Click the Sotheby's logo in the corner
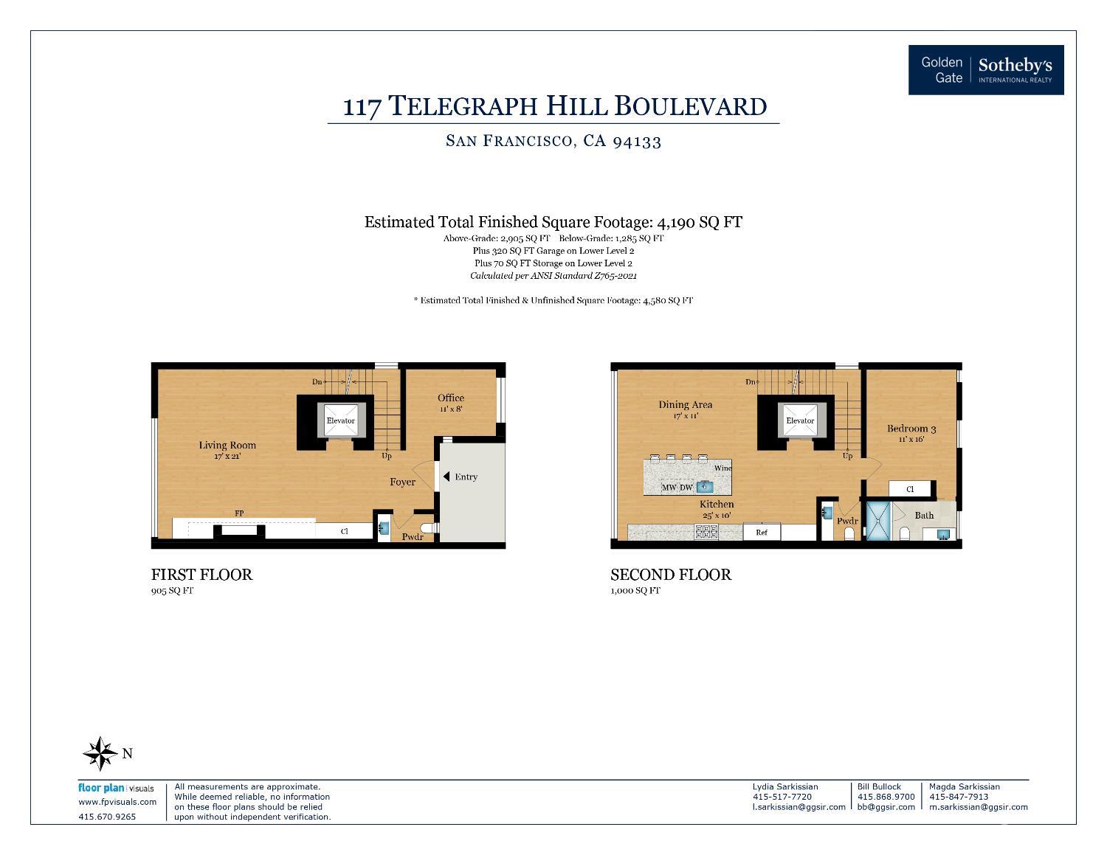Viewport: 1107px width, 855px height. click(986, 70)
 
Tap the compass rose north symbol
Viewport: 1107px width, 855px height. click(100, 753)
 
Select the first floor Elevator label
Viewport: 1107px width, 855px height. click(340, 420)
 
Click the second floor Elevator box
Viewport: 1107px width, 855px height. click(800, 420)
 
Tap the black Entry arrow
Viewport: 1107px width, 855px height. click(446, 477)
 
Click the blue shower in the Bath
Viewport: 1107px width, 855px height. click(878, 521)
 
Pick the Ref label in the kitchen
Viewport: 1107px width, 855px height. click(761, 532)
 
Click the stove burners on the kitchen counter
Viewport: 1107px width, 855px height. click(706, 532)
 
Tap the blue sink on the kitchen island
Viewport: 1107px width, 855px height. click(704, 487)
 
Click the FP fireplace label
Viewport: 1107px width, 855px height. click(239, 513)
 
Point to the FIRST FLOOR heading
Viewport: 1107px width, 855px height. click(201, 575)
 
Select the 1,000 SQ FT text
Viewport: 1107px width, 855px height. click(635, 591)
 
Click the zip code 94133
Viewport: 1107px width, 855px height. click(637, 141)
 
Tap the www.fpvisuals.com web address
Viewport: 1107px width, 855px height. click(117, 802)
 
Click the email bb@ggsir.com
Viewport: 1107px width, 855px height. click(886, 806)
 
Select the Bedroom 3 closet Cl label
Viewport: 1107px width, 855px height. click(910, 489)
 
